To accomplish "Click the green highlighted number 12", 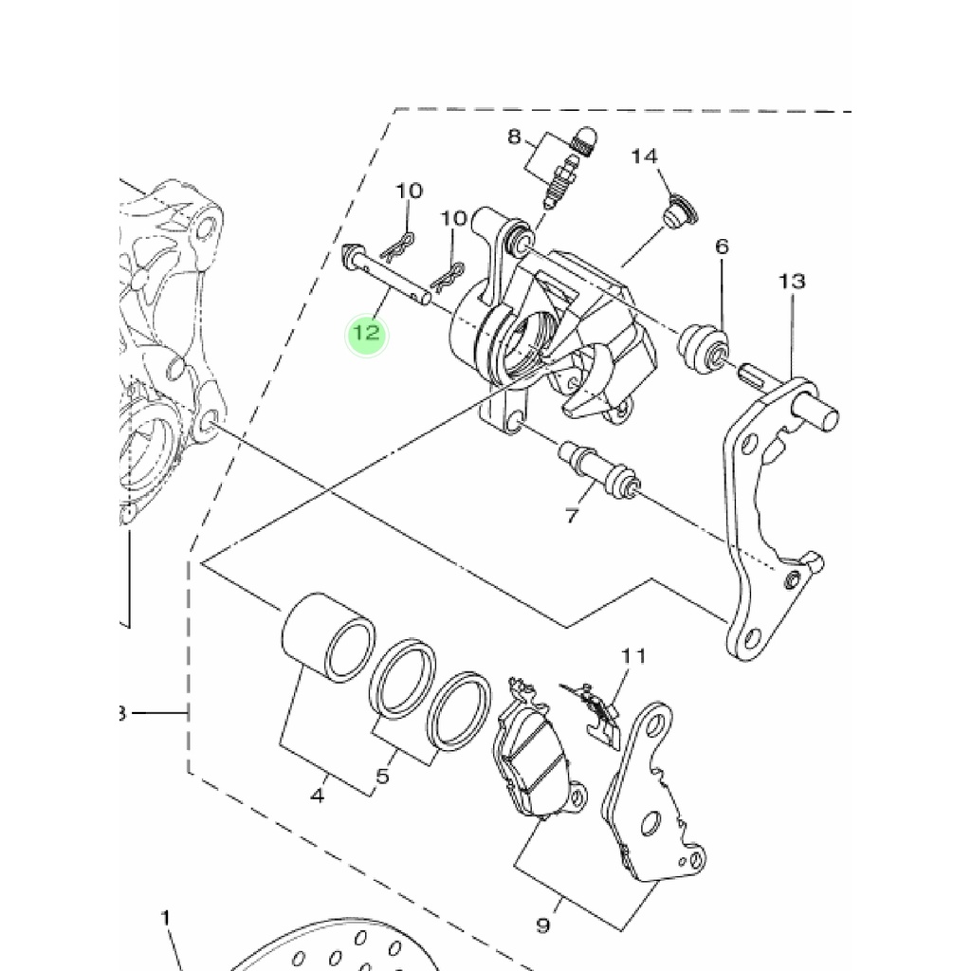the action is click(367, 333).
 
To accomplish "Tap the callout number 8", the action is click(514, 137).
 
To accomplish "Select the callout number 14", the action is click(644, 156).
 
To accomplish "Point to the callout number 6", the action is click(722, 247).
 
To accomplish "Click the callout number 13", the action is click(792, 282).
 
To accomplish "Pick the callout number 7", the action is click(572, 515).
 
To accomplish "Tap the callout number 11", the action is click(633, 655).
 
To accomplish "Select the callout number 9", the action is click(543, 925).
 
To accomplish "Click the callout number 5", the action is click(383, 776).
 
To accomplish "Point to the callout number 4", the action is click(317, 796).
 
